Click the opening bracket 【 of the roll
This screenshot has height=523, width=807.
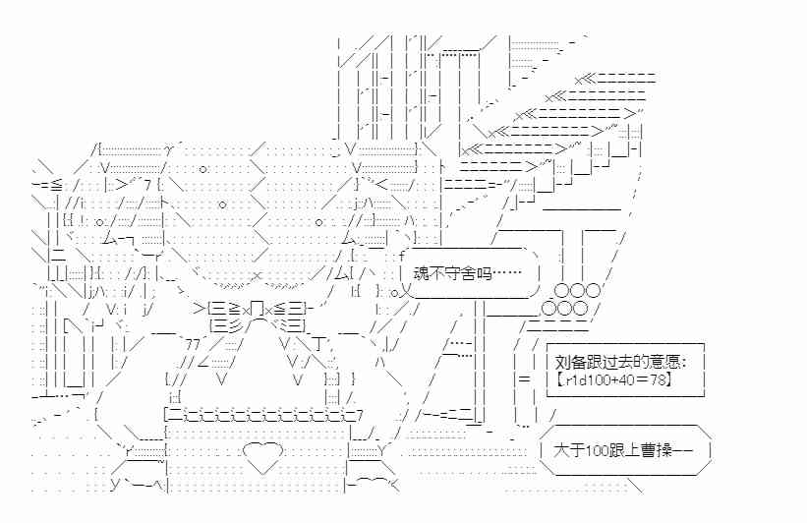[556, 378]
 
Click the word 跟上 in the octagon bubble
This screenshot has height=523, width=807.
[633, 451]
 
